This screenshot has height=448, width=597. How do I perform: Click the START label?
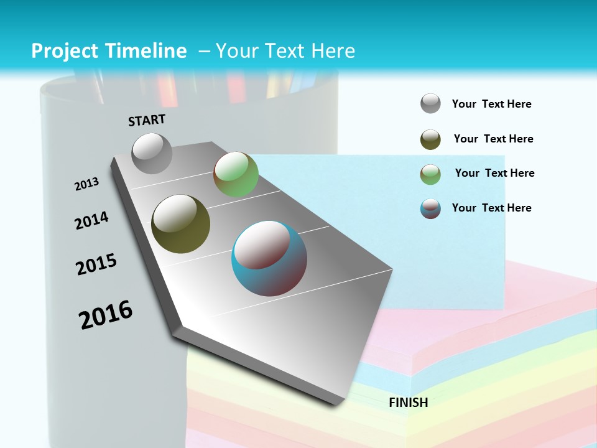[x=147, y=119]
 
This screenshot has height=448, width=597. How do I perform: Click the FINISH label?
[x=408, y=403]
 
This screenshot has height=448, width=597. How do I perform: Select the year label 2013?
[x=86, y=184]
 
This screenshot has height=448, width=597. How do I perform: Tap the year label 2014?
[x=91, y=220]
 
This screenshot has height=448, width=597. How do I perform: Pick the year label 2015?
[x=96, y=264]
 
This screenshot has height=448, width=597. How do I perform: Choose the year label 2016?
[x=106, y=315]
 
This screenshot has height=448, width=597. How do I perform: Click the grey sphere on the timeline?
[x=152, y=153]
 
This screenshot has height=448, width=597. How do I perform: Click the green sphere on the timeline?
[x=236, y=174]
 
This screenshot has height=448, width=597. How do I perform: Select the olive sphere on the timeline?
[x=180, y=224]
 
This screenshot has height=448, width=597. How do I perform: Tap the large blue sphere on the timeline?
[x=269, y=258]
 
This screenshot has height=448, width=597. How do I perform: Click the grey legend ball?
[x=430, y=104]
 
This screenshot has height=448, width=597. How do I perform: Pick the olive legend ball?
[x=430, y=139]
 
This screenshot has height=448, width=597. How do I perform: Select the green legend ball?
[x=430, y=174]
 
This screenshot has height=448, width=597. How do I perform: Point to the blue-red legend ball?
[x=430, y=208]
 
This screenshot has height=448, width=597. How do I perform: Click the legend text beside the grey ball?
[x=491, y=104]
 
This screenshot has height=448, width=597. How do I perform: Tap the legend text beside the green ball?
[x=494, y=173]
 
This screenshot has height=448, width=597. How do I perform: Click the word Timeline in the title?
[x=142, y=51]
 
